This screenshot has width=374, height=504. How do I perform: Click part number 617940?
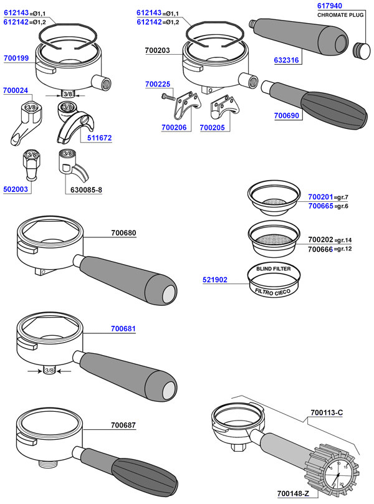tap(330, 6)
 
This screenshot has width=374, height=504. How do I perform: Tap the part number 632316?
tap(286, 60)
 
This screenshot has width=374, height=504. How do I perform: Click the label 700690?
tap(287, 116)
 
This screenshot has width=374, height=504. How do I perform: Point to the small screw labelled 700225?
tap(168, 97)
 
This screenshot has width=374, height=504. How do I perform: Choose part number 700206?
tap(174, 128)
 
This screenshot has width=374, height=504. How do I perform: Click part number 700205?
tap(212, 128)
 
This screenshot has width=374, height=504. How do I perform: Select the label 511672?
tap(100, 138)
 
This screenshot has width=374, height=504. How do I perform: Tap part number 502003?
tap(16, 189)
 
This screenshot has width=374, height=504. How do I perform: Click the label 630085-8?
tap(86, 190)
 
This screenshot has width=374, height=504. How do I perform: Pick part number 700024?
tap(16, 90)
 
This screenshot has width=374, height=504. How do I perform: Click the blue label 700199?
tap(16, 58)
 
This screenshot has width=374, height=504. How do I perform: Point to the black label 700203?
tap(157, 50)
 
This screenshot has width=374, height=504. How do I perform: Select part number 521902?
tap(215, 280)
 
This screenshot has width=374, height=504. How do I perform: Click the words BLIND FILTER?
tap(274, 269)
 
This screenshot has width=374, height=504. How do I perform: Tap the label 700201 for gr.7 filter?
tap(320, 197)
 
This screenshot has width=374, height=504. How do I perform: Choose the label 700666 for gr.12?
tap(320, 249)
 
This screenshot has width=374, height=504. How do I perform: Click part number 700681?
tap(123, 329)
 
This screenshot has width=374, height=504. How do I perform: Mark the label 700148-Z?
tap(293, 493)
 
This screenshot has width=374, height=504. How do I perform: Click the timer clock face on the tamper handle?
tap(338, 476)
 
